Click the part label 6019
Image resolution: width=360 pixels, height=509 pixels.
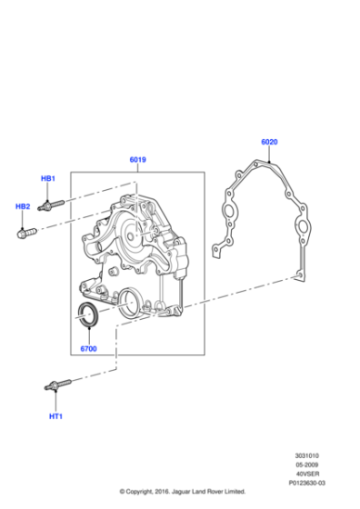(x=137, y=159)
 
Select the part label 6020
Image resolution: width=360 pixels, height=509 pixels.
(x=269, y=142)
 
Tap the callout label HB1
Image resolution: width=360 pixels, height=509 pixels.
(x=47, y=178)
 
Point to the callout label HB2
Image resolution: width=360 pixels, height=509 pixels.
(x=23, y=206)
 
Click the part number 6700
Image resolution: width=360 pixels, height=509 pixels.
(x=88, y=349)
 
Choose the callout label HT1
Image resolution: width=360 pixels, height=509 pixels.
(x=55, y=416)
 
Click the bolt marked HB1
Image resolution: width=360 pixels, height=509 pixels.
(x=51, y=205)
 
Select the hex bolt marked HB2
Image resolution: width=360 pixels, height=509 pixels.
(x=26, y=233)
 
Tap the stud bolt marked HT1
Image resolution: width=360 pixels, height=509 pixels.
(x=57, y=384)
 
